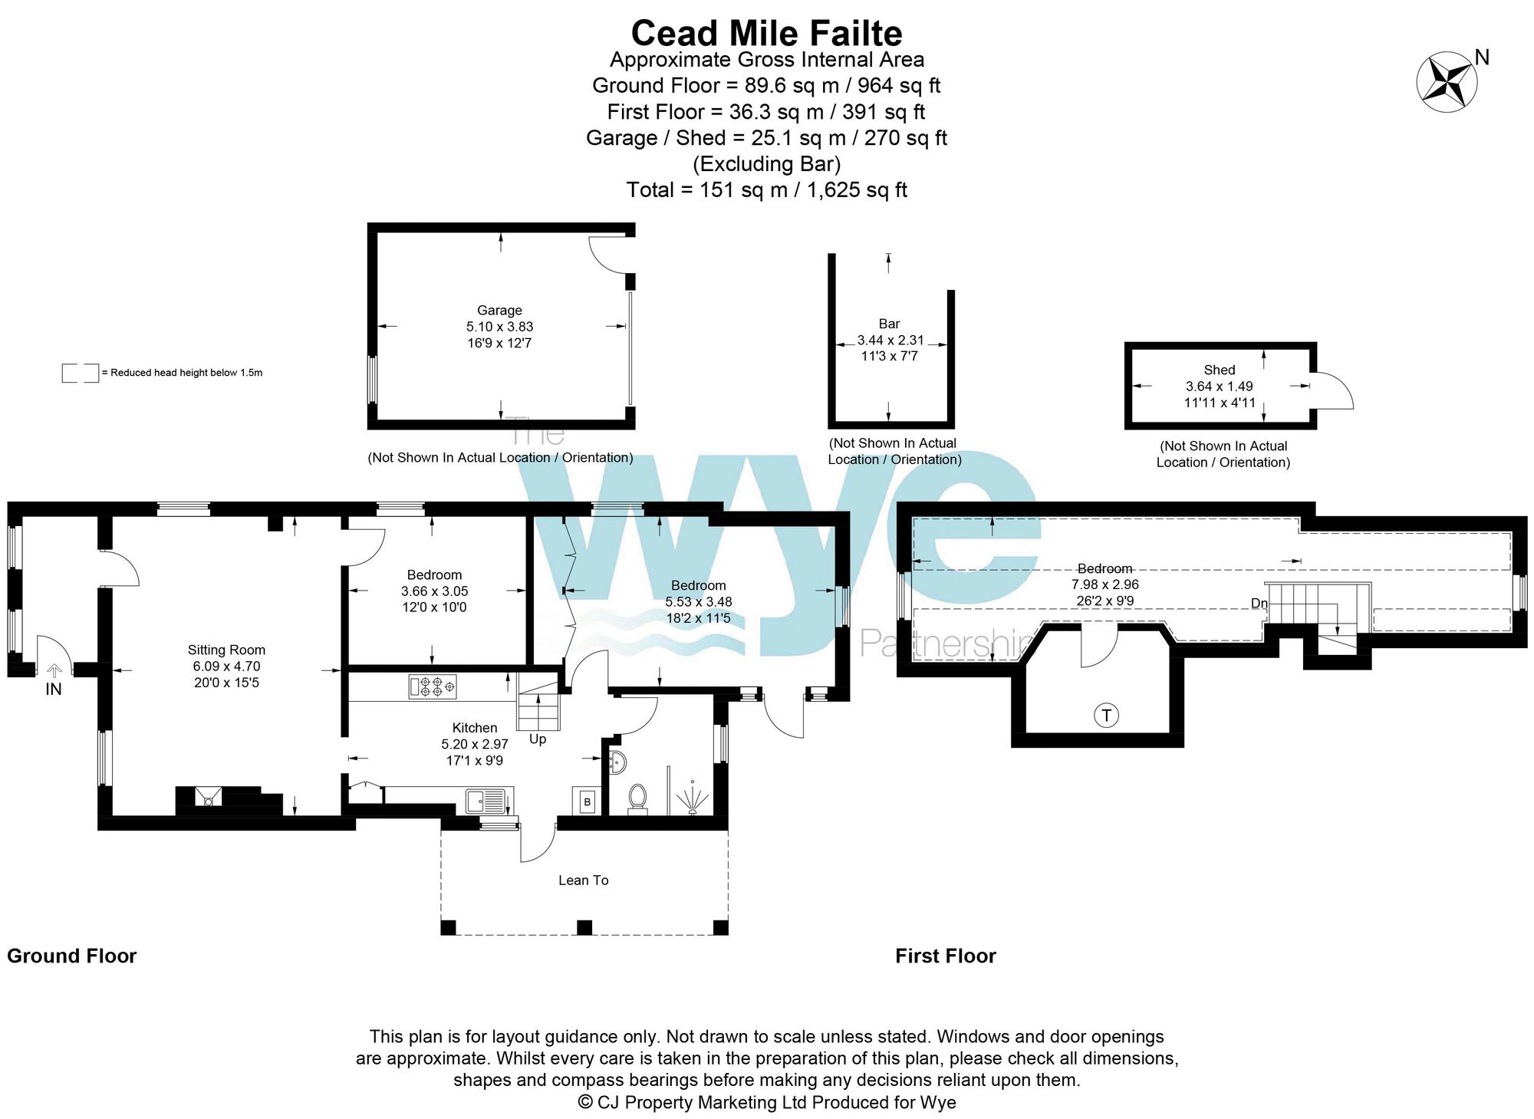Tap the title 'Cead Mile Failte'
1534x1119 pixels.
click(x=766, y=34)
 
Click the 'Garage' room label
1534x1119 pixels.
click(x=499, y=311)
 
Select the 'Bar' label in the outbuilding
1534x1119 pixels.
click(x=889, y=324)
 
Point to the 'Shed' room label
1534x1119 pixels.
click(x=1220, y=370)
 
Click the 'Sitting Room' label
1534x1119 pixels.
click(x=226, y=650)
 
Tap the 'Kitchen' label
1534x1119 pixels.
click(x=475, y=728)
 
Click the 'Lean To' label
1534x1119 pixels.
click(x=584, y=880)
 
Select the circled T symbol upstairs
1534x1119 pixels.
click(x=1106, y=716)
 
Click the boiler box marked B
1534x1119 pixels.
click(x=587, y=801)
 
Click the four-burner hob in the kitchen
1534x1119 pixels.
click(x=433, y=686)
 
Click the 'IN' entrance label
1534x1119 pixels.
click(x=54, y=690)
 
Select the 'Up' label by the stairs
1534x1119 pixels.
click(x=538, y=739)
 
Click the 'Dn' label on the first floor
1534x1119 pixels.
click(x=1259, y=604)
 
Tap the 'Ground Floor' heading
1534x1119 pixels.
click(x=71, y=956)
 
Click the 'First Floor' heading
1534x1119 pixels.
click(x=946, y=956)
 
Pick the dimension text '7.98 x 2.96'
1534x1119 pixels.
click(x=1105, y=584)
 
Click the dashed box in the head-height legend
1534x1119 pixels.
click(x=81, y=373)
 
